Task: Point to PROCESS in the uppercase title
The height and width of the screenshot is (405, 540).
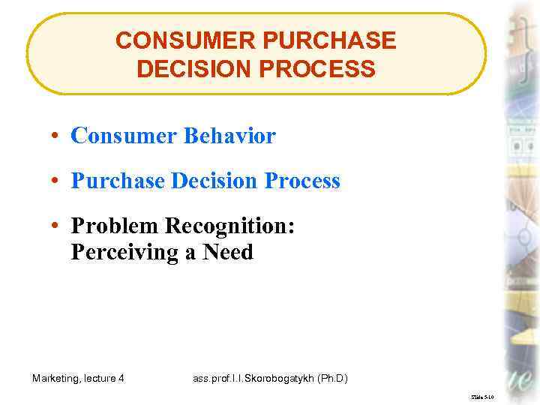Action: pos(322,69)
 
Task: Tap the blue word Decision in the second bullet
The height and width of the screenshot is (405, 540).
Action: pos(214,181)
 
